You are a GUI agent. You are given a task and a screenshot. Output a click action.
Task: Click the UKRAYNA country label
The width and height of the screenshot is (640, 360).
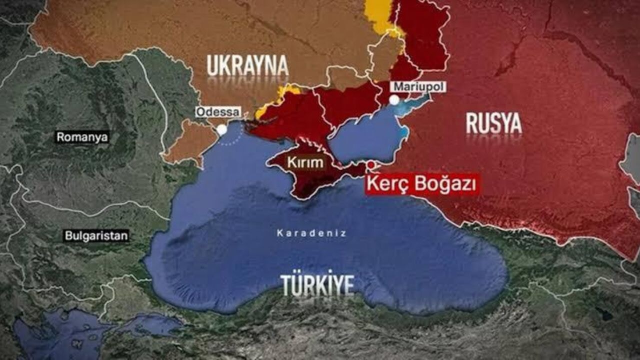248,65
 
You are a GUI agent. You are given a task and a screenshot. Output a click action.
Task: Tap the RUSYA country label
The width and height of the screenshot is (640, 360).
493,123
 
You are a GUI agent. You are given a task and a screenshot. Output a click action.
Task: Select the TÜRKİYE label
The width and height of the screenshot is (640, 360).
317,284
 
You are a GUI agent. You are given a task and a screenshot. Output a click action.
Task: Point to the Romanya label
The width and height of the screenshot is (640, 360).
82,137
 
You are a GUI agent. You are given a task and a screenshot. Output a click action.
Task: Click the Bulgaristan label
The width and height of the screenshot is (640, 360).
96,236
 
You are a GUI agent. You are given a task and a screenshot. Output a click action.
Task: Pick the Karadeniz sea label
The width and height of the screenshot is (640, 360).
311,233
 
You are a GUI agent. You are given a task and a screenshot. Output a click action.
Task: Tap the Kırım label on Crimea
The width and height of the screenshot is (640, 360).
305,162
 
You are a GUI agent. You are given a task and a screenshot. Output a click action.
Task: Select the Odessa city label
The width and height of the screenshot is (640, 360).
218,112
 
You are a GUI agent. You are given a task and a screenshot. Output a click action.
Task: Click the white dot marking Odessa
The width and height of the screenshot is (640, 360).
221,129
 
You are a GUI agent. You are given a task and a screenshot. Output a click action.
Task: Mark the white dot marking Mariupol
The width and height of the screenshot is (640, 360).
394,100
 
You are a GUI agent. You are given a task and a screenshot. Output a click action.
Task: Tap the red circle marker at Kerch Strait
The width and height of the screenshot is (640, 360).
371,164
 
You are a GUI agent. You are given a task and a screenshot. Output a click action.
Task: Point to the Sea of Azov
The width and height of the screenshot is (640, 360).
365,135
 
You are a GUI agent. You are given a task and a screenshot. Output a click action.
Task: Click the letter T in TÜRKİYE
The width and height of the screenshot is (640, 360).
286,284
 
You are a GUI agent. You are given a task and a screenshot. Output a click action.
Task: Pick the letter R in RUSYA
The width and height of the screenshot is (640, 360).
471,123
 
